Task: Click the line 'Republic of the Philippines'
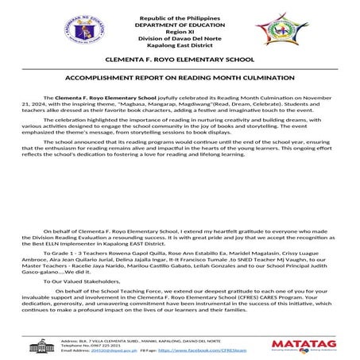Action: pyautogui.click(x=179, y=17)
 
